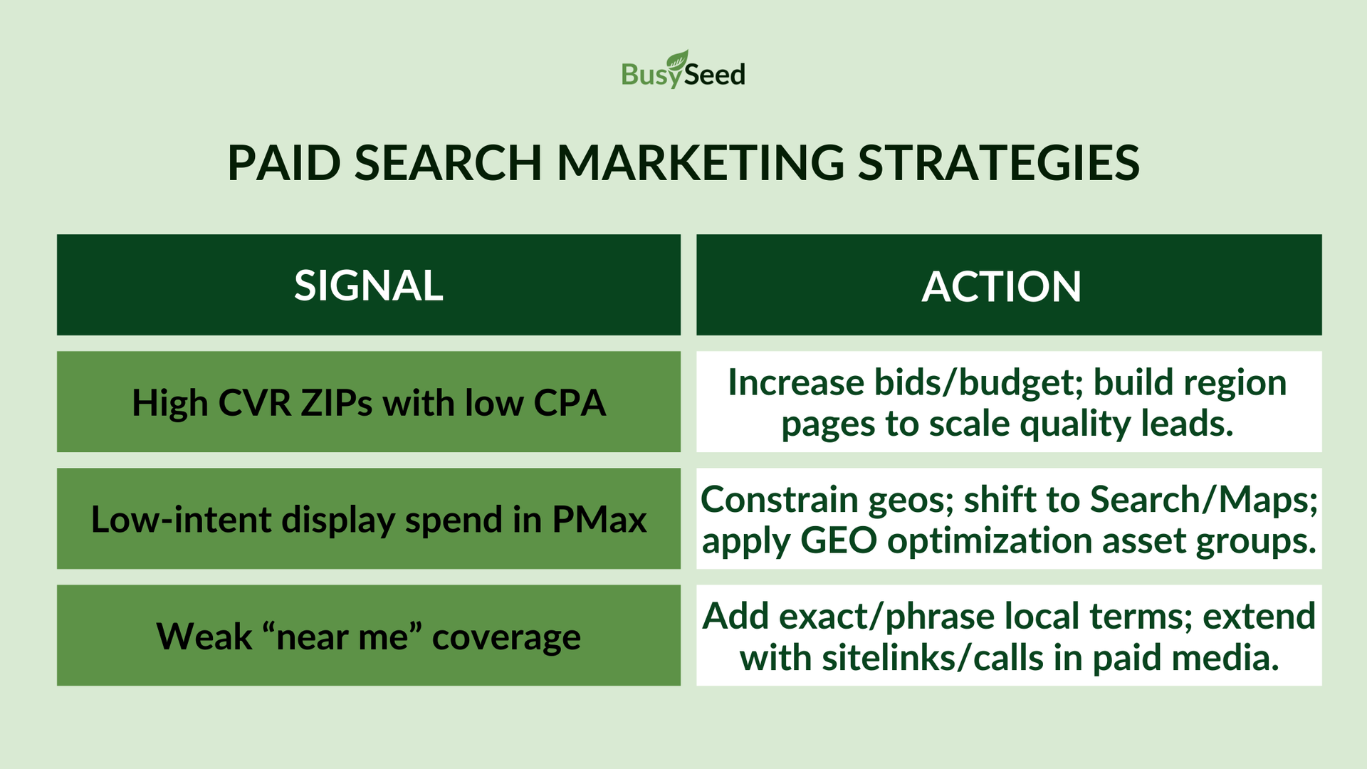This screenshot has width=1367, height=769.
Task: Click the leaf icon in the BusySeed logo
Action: pyautogui.click(x=677, y=60)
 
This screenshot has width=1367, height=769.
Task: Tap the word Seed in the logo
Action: pyautogui.click(x=714, y=75)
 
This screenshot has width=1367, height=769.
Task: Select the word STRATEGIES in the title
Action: pyautogui.click(x=998, y=163)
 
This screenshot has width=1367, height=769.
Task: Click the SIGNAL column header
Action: pyautogui.click(x=369, y=286)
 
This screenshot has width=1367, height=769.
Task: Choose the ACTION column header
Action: pyautogui.click(x=1001, y=286)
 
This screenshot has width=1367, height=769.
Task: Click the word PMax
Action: pyautogui.click(x=599, y=520)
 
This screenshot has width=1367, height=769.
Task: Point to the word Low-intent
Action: pyautogui.click(x=182, y=520)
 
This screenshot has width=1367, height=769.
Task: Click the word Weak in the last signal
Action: pyautogui.click(x=204, y=637)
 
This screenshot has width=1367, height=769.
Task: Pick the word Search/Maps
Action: pyautogui.click(x=1204, y=500)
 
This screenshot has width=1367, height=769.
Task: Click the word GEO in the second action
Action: pyautogui.click(x=839, y=540)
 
